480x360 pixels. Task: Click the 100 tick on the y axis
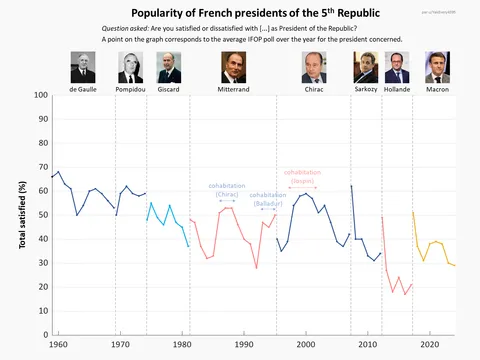coord(40,96)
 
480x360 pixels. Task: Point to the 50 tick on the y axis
coord(42,215)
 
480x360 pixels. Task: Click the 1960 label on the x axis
coord(59,345)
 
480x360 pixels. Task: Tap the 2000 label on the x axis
coord(306,345)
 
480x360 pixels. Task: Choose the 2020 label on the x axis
coord(429,345)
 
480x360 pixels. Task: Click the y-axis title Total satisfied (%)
coord(22,215)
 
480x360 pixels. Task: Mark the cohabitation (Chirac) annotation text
coord(227,190)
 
